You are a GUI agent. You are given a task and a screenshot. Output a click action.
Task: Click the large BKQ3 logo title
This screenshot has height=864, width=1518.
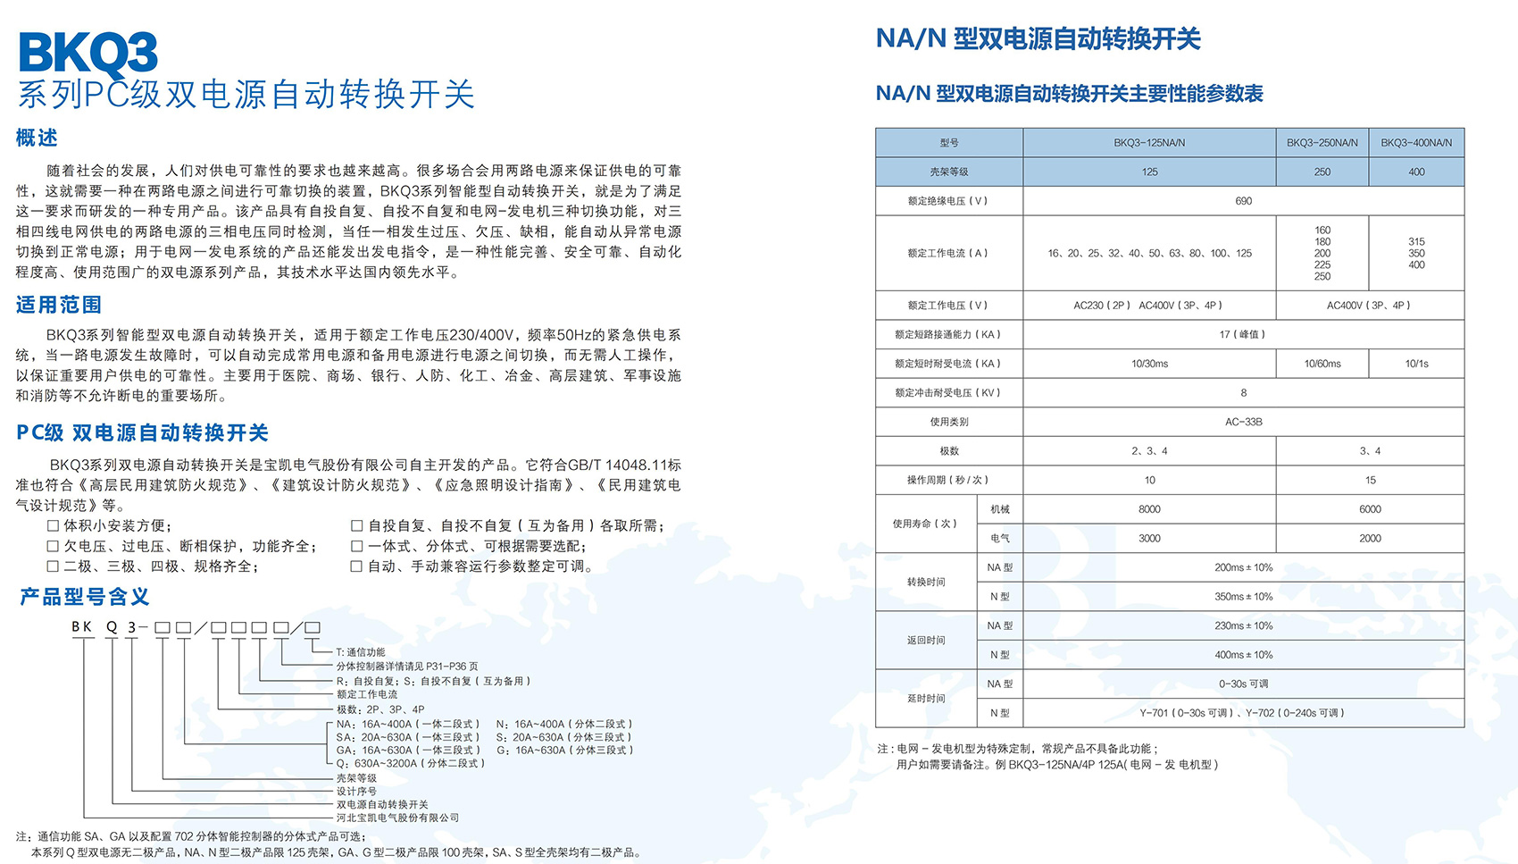(88, 54)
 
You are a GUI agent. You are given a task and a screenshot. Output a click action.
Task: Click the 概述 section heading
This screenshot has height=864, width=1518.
(38, 138)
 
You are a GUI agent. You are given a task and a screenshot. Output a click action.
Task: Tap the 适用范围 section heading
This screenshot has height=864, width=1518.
(59, 305)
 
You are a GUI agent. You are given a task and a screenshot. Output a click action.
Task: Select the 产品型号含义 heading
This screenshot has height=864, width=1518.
(85, 597)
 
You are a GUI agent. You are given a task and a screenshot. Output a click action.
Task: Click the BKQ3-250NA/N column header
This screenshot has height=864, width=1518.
(1322, 143)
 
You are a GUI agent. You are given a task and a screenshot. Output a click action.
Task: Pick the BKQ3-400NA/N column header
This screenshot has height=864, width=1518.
(1416, 143)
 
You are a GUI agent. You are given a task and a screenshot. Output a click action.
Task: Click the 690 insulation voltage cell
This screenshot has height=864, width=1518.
(1243, 201)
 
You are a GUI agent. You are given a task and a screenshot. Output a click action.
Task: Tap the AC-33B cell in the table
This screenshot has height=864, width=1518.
(1243, 422)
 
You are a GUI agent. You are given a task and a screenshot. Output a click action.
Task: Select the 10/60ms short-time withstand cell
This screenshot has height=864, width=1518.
(1322, 364)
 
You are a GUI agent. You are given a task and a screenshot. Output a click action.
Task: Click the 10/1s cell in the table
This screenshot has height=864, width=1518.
(1416, 364)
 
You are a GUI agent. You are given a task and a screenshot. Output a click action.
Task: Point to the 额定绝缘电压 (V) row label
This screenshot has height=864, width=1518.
(948, 201)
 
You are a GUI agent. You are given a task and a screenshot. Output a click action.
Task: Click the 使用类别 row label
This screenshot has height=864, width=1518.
(948, 422)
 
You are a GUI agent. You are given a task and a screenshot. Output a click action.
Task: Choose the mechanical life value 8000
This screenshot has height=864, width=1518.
(1149, 509)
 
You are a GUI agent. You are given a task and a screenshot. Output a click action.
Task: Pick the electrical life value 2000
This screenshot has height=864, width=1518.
(1370, 539)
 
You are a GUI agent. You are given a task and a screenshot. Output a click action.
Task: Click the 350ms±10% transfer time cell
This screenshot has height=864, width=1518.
(1243, 597)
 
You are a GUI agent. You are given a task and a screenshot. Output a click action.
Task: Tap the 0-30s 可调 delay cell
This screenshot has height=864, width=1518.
(1243, 684)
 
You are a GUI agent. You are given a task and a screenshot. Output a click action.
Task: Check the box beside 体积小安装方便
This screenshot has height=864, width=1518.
(53, 526)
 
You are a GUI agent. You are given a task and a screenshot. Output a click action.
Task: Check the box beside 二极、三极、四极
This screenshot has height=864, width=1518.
(53, 566)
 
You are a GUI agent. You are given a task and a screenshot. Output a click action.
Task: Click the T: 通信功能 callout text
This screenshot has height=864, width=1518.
(361, 652)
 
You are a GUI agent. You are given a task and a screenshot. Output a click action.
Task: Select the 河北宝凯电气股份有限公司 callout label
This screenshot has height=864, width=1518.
(397, 818)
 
